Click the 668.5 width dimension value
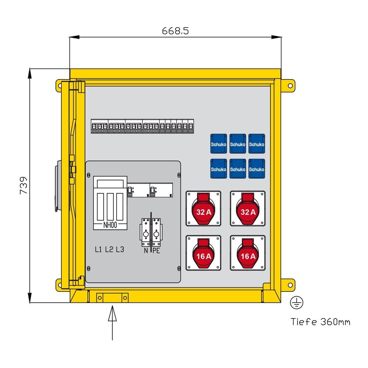(x=175, y=31)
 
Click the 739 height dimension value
(x=24, y=185)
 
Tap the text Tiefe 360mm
(x=321, y=322)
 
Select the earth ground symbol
(x=297, y=302)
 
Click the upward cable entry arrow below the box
(x=112, y=323)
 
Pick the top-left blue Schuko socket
(x=219, y=144)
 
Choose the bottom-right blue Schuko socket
(x=256, y=169)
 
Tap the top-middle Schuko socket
(x=237, y=144)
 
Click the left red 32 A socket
(x=203, y=208)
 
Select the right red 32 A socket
(x=248, y=208)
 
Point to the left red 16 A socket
(x=203, y=253)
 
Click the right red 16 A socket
(x=248, y=253)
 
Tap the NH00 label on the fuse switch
(x=110, y=225)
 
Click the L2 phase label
(x=109, y=249)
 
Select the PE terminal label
(x=156, y=251)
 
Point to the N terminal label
(x=146, y=251)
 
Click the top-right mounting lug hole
(x=290, y=86)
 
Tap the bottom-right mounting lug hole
(x=290, y=285)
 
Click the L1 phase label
(x=98, y=249)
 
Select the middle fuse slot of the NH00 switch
(x=110, y=207)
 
